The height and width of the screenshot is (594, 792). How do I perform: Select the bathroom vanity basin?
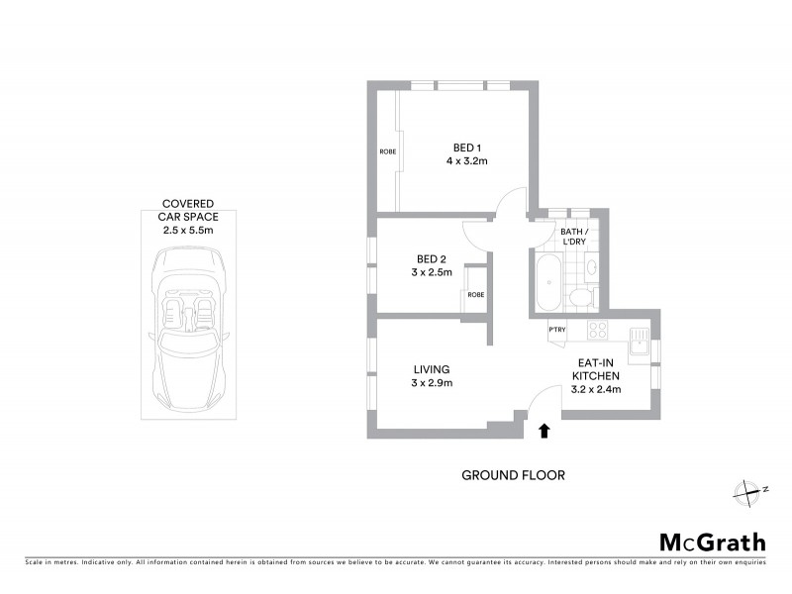click(589, 266)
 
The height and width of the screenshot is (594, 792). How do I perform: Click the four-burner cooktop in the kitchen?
click(598, 330)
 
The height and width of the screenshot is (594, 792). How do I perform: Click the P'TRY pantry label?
click(556, 330)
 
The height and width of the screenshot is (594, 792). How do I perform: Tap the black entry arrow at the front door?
click(543, 430)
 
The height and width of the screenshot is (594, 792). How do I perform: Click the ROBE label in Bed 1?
click(387, 151)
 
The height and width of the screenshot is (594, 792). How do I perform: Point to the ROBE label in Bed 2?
click(476, 294)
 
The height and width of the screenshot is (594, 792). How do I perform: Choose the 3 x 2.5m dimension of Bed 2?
click(432, 272)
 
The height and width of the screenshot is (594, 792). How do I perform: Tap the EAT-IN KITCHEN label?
click(599, 369)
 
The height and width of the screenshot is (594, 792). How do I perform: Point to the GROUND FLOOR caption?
click(513, 475)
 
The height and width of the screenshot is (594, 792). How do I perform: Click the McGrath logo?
click(713, 542)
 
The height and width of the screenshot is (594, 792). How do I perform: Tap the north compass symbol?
click(747, 489)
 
